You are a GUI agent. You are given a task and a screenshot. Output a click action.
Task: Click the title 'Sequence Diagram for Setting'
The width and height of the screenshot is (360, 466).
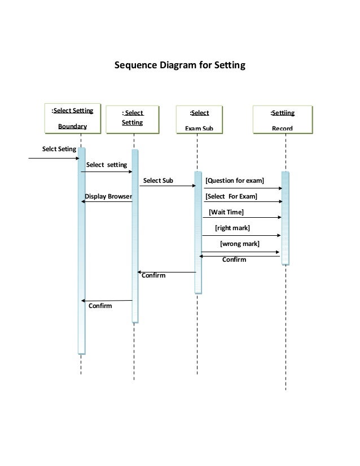[180, 65]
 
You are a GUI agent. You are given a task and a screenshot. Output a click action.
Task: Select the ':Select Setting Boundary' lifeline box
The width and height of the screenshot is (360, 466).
[73, 117]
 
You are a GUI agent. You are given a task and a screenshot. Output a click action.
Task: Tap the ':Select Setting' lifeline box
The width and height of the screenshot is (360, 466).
[133, 118]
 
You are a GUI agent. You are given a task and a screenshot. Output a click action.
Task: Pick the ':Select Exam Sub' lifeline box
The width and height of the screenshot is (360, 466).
[199, 120]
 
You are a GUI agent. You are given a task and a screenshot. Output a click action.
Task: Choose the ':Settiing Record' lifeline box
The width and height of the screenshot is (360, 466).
[282, 120]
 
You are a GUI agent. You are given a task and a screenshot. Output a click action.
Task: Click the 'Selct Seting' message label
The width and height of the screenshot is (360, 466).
[55, 150]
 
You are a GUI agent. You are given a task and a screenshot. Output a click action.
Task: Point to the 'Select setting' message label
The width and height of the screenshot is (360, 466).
[107, 165]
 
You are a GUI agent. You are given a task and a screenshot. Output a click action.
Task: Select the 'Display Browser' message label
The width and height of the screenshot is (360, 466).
[108, 196]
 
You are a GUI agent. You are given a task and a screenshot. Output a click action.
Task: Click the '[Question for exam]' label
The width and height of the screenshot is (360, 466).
[235, 181]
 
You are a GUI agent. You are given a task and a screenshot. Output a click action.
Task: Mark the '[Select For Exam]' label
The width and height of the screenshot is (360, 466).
[231, 196]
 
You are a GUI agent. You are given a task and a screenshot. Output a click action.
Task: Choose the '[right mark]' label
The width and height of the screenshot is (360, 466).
[232, 228]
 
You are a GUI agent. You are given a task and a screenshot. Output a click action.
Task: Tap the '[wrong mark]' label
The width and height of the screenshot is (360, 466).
[239, 244]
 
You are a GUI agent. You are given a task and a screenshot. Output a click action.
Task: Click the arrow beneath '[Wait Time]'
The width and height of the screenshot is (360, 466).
[242, 218]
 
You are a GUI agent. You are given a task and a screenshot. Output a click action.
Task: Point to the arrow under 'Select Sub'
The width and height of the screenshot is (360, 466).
[167, 186]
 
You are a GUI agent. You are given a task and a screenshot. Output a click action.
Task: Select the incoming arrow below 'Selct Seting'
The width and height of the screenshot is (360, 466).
[54, 159]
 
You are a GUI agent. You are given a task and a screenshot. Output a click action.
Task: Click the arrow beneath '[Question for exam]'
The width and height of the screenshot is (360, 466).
[243, 188]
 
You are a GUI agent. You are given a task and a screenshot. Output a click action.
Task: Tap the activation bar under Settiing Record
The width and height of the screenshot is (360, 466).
[285, 218]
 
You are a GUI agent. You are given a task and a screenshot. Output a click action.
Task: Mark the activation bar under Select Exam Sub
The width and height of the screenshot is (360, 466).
[198, 232]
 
